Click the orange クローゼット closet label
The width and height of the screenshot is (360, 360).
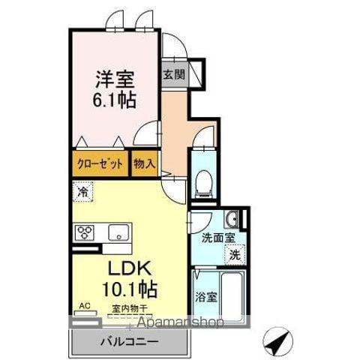tap(99, 163)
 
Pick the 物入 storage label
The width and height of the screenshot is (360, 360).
tap(143, 163)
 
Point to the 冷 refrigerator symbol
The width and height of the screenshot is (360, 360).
tap(83, 193)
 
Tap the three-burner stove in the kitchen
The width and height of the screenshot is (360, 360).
tap(84, 232)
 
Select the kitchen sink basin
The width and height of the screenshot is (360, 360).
tap(118, 232)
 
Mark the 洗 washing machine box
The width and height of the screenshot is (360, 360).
tap(235, 254)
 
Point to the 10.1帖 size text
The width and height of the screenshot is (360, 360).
tap(130, 289)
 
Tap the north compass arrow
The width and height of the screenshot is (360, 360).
tap(274, 343)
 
